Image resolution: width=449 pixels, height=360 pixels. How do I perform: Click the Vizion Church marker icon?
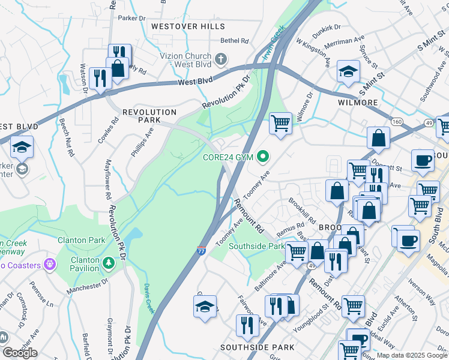coord(221,59)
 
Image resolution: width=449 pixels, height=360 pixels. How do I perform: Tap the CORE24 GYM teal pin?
coord(262,158)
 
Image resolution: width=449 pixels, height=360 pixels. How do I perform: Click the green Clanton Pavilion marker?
coord(107,262)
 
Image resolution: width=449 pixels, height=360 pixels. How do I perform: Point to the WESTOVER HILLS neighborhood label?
coord(188,26)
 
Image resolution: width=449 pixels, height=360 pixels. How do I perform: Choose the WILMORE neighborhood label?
coord(357,103)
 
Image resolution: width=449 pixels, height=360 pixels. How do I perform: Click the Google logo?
coord(19,353)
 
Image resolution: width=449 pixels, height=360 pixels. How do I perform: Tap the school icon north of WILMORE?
coord(348,73)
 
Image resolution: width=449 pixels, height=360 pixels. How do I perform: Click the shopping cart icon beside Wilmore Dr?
coord(280,124)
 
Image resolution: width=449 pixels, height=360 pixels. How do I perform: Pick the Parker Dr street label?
coord(131,18)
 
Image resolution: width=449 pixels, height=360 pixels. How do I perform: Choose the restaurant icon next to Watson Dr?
coord(98,77)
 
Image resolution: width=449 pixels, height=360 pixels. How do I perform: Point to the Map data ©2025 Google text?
coord(412,355)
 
